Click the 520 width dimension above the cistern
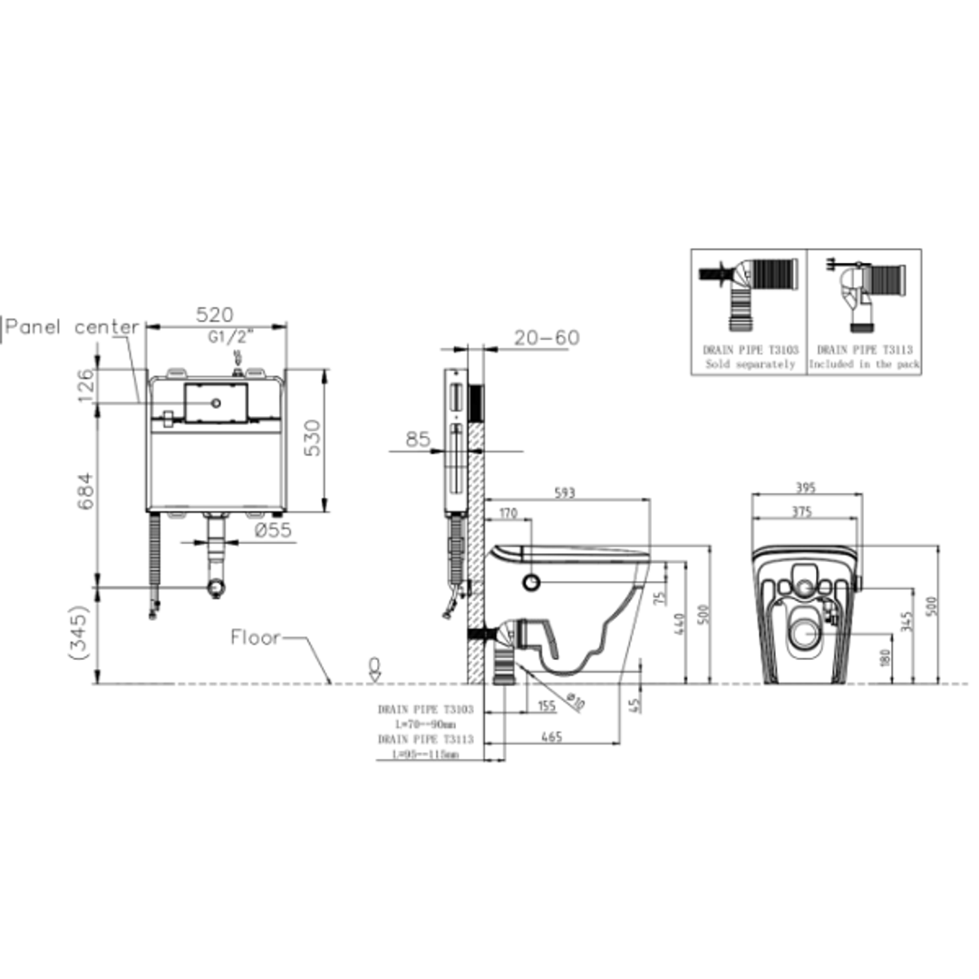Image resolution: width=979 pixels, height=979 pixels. tap(216, 315)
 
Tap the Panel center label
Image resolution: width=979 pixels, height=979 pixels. tap(73, 327)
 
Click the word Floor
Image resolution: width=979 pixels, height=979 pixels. tap(256, 637)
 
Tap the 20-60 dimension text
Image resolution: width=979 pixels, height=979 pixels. tap(546, 338)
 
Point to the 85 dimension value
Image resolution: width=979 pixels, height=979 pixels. tap(418, 440)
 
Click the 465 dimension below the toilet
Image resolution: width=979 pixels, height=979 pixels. tap(551, 737)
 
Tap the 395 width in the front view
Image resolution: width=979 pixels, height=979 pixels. tap(805, 488)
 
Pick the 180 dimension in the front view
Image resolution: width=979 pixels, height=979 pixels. tap(886, 657)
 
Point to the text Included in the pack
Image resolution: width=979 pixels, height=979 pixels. tap(864, 364)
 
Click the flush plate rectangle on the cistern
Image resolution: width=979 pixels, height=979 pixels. tap(216, 402)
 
